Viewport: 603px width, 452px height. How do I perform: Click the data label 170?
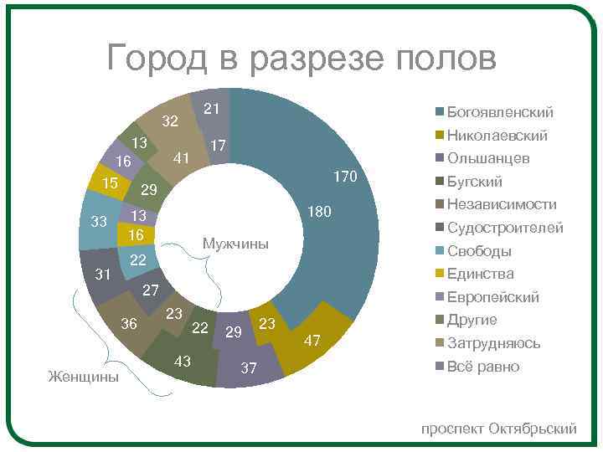[x=345, y=177]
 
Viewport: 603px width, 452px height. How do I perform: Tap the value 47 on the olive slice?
[x=312, y=340]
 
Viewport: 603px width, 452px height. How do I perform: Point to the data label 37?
[x=248, y=368]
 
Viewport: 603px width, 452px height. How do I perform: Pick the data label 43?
[x=182, y=361]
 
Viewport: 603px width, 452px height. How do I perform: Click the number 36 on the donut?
[x=129, y=324]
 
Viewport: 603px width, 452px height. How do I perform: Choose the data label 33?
[x=99, y=222]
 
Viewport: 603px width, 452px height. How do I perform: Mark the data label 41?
[x=180, y=158]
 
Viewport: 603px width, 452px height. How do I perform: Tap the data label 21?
[x=212, y=108]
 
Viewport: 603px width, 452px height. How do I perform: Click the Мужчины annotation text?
[x=236, y=244]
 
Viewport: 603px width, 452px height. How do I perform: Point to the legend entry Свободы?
[x=479, y=251]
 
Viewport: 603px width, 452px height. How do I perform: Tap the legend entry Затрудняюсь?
[x=493, y=343]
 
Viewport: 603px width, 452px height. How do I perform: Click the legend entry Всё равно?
[x=483, y=367]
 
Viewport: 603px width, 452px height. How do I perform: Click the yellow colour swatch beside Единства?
[x=439, y=275]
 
